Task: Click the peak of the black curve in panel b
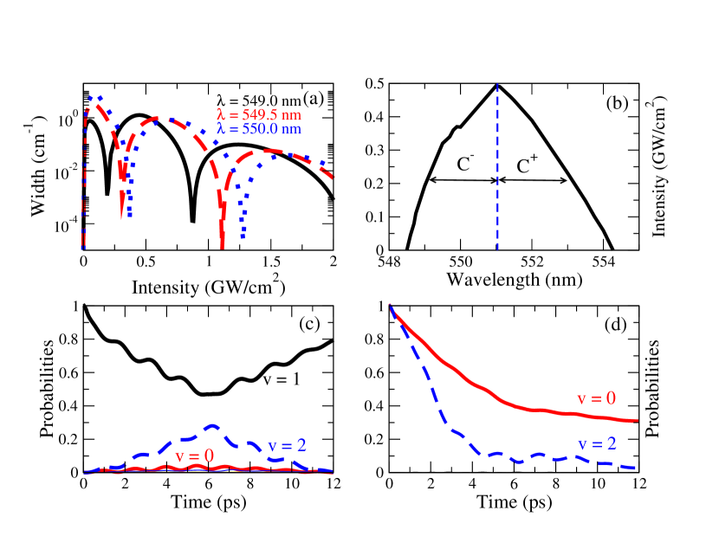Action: coord(497,84)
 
